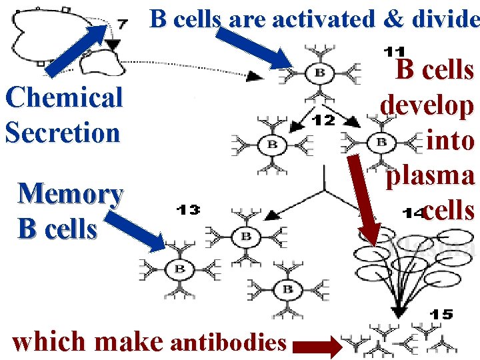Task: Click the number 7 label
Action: [122, 24]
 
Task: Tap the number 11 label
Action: [394, 50]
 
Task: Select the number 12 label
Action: [323, 120]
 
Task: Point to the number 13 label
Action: [189, 210]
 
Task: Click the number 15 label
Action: [441, 315]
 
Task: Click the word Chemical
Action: [64, 98]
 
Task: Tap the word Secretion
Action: [63, 132]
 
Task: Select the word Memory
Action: [70, 195]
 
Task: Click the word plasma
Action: [431, 175]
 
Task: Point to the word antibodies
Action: [229, 343]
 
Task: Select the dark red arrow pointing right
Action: [314, 346]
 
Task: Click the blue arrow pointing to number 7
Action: [74, 47]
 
